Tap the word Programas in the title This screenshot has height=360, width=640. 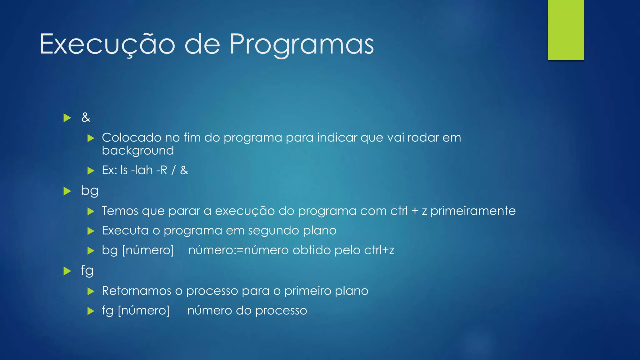pyautogui.click(x=302, y=44)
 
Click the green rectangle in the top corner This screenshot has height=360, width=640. pyautogui.click(x=566, y=30)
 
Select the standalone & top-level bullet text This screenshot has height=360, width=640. pyautogui.click(x=86, y=118)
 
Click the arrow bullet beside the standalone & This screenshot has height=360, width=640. pyautogui.click(x=67, y=118)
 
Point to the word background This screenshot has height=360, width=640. pyautogui.click(x=138, y=151)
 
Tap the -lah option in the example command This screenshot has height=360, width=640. pyautogui.click(x=142, y=170)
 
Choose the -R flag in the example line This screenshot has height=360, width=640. pyautogui.click(x=162, y=170)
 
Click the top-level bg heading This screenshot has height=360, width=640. pyautogui.click(x=90, y=191)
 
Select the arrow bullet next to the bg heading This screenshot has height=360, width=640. pyautogui.click(x=67, y=191)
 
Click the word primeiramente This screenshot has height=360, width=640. pyautogui.click(x=473, y=211)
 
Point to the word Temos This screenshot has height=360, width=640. pyautogui.click(x=120, y=211)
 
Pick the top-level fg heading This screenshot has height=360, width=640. pyautogui.click(x=87, y=271)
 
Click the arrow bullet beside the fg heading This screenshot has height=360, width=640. pyautogui.click(x=67, y=271)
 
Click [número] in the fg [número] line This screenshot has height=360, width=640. pyautogui.click(x=144, y=311)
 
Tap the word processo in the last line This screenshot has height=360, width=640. pyautogui.click(x=281, y=311)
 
